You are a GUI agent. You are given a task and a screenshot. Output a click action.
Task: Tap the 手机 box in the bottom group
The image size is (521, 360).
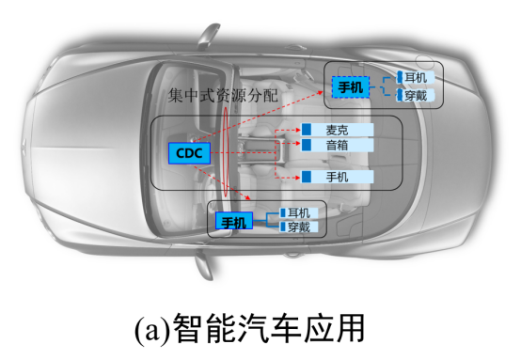point(232,222)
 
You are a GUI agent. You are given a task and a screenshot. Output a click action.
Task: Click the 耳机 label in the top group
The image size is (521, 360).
point(418,77)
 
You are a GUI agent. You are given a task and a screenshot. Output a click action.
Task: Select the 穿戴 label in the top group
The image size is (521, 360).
point(418,95)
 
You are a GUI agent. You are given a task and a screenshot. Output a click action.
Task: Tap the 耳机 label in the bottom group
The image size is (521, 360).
point(299,213)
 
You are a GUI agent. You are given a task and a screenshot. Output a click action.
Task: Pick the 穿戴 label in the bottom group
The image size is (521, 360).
point(299,228)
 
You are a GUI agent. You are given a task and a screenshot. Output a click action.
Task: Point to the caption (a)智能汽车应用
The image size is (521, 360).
point(260,329)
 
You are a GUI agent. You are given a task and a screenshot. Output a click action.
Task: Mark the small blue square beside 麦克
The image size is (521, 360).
point(307,130)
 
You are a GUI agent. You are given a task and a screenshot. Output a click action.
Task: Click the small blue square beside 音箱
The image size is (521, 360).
point(307,146)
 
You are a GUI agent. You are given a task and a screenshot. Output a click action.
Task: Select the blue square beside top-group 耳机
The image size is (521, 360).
point(400,77)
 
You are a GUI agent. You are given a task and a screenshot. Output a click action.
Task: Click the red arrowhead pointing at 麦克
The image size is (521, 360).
point(296,130)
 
